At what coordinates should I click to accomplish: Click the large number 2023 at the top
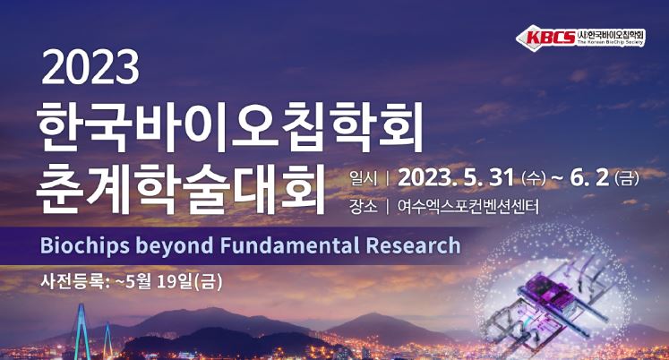click(90, 68)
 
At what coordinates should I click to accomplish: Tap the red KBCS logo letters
click(551, 37)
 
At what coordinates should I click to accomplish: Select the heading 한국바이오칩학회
click(229, 127)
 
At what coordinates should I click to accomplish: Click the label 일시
click(363, 179)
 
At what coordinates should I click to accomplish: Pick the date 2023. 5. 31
click(455, 178)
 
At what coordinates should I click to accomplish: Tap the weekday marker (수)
click(533, 178)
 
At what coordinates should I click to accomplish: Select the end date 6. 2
click(589, 178)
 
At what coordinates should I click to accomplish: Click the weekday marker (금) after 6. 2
click(627, 178)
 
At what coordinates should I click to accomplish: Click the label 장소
click(363, 207)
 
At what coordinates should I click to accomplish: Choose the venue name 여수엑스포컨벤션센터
click(467, 207)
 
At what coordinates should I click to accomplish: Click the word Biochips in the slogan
click(84, 245)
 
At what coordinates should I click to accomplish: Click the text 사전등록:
click(75, 282)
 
